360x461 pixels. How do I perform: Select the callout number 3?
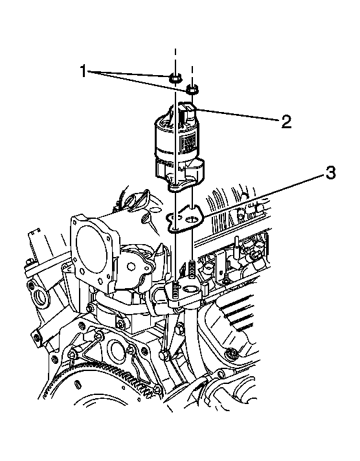pos(331,173)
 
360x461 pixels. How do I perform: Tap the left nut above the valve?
pos(174,78)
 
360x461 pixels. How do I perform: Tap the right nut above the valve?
pos(192,87)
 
